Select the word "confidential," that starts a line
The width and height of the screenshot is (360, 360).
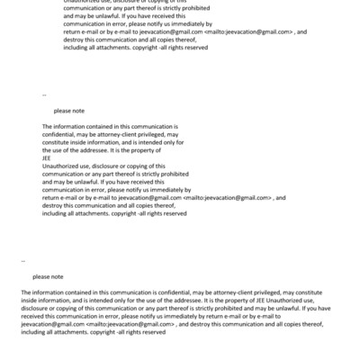pos(59,134)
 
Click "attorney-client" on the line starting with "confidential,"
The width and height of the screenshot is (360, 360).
pos(122,134)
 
